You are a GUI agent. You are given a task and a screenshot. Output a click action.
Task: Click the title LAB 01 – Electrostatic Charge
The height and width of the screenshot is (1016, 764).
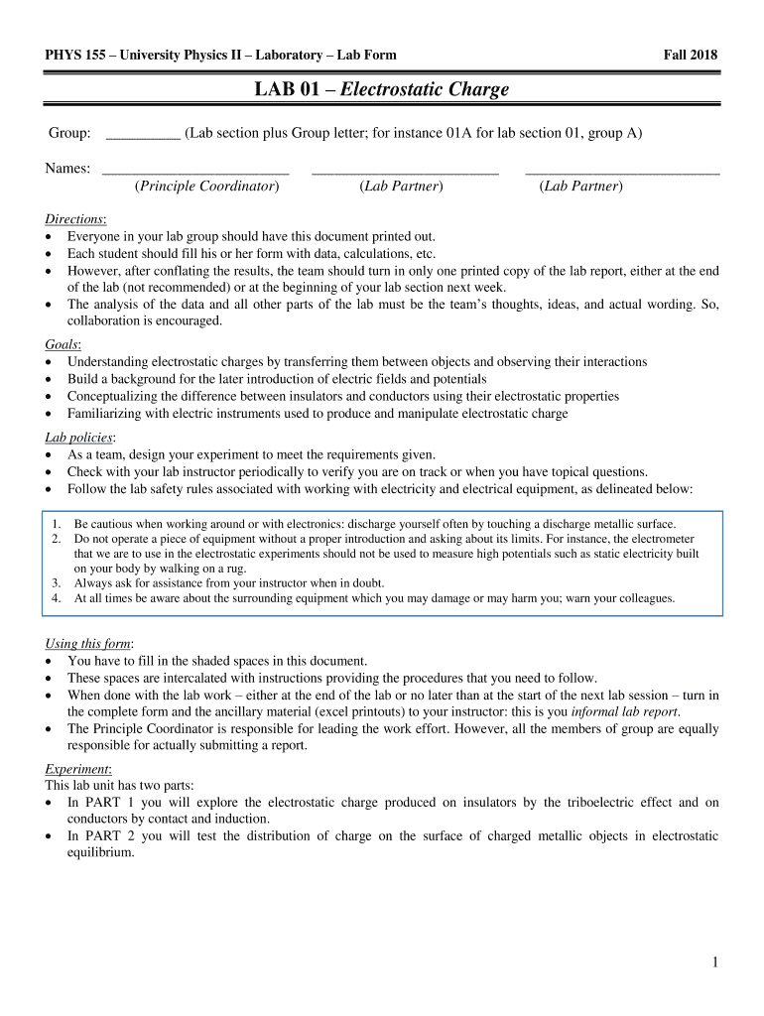382,90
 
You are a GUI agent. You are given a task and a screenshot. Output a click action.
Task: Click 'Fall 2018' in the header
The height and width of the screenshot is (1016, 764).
690,55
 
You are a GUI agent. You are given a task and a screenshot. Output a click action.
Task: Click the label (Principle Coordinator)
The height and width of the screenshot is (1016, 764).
206,186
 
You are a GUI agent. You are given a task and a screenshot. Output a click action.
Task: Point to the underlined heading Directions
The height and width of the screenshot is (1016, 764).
75,219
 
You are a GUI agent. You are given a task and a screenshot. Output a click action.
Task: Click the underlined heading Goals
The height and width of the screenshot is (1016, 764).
63,344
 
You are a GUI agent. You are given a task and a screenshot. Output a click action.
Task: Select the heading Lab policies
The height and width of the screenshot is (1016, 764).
79,438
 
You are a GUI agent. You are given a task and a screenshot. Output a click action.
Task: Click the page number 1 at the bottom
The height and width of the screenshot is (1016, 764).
714,961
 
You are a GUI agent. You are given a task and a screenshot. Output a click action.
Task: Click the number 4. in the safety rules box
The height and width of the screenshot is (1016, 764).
57,598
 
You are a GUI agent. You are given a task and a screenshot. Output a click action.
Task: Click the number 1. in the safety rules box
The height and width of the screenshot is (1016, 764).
57,524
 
